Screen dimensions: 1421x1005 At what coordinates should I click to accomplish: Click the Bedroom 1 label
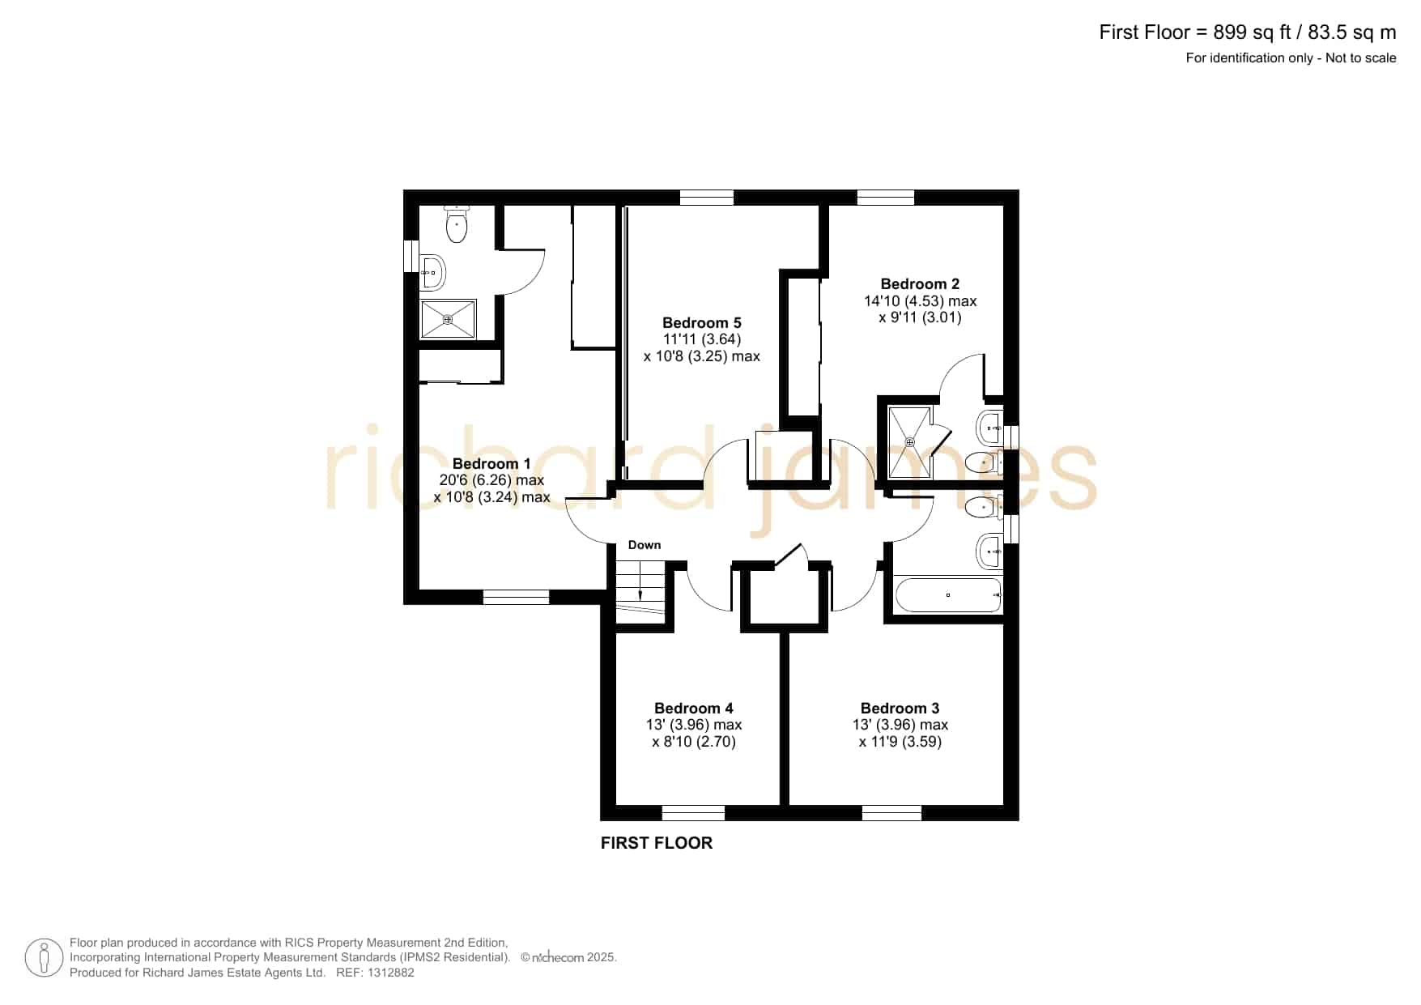491,463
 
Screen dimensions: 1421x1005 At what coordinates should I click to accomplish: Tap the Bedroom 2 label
920,283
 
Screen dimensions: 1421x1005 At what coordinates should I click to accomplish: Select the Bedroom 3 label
900,708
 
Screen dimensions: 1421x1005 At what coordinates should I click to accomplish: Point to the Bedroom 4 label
694,708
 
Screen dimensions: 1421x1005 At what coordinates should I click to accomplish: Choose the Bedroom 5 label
701,322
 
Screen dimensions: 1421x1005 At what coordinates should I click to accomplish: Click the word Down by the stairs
645,545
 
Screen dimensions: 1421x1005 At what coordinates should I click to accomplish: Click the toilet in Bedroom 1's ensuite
457,224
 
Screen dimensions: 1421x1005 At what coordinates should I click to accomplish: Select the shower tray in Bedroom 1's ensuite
448,320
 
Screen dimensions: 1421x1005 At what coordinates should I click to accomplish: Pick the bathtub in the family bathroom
948,595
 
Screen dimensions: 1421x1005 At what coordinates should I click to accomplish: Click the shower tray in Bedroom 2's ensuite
910,442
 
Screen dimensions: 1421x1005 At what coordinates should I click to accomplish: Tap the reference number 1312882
392,973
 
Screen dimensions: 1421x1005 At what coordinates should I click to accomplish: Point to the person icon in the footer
44,958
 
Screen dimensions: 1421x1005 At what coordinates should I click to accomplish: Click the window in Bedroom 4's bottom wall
693,812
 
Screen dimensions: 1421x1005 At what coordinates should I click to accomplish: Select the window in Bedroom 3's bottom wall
891,812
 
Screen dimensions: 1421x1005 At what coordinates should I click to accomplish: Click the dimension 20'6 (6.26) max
491,480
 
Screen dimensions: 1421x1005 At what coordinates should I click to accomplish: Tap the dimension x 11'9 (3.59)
900,742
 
